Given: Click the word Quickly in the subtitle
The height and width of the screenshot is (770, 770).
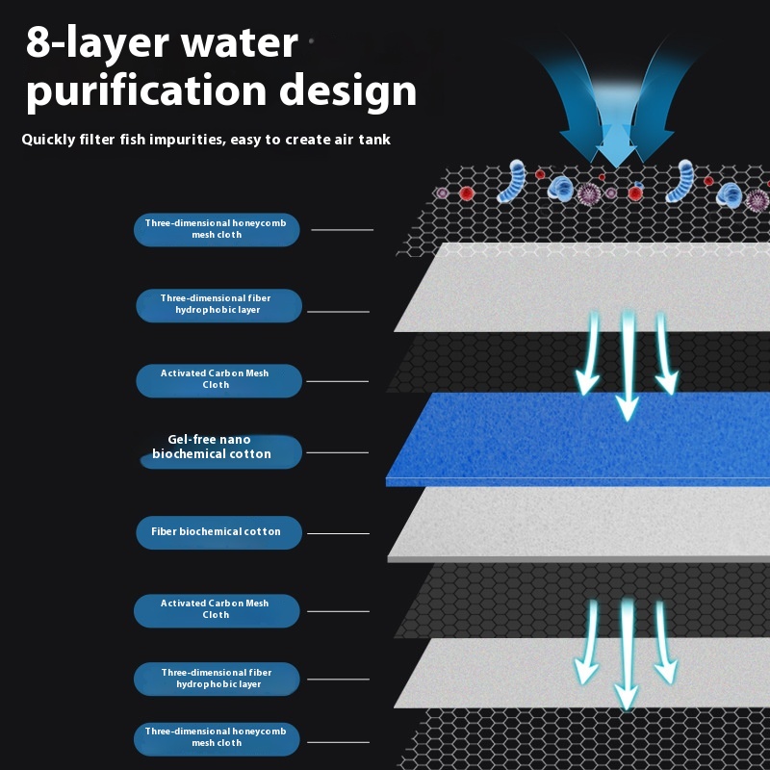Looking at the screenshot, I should click(x=53, y=140).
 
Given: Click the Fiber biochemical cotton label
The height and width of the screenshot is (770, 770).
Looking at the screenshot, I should click(x=218, y=532).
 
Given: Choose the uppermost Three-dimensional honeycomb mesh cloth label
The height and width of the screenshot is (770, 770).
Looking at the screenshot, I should click(x=217, y=230).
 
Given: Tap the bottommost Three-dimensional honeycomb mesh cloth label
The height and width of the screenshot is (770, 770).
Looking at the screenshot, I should click(x=217, y=738).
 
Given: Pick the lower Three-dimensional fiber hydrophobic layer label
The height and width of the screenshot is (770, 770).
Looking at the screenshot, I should click(x=218, y=679).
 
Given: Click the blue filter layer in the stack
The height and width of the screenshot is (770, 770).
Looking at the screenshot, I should click(x=577, y=438).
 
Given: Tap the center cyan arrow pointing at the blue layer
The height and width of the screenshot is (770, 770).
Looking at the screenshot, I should click(x=628, y=366).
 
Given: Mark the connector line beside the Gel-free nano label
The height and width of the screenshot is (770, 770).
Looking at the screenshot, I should click(x=337, y=452).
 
